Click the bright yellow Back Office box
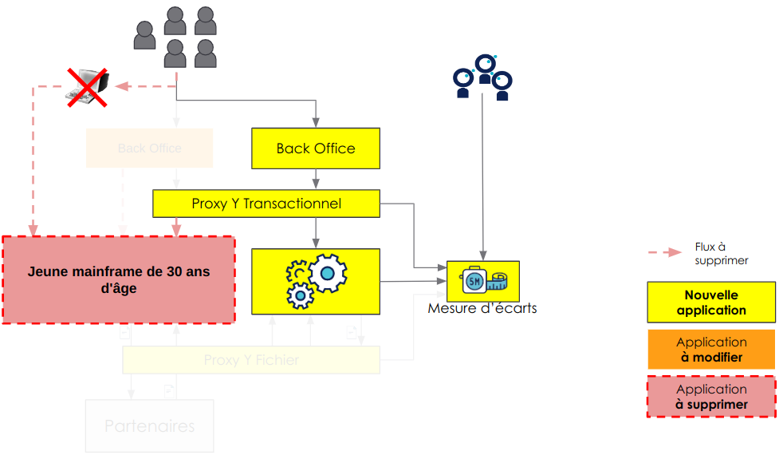316,148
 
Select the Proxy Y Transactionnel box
266,204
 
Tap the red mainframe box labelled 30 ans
119,279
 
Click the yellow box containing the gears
316,281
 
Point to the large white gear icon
327,273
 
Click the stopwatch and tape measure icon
482,280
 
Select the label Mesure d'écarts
482,308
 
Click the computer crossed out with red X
87,86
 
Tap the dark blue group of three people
482,77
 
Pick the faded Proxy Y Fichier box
251,360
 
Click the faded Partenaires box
149,426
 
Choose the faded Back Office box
149,148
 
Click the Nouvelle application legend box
710,303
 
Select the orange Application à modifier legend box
710,350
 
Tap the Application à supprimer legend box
710,397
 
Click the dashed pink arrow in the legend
664,253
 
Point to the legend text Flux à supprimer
721,254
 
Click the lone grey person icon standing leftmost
144,36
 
